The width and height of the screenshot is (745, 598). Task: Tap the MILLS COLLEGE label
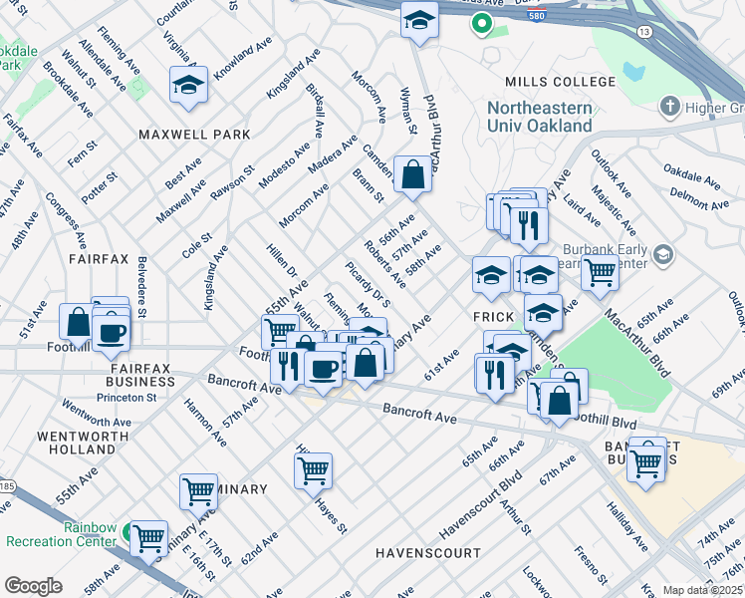[560, 82]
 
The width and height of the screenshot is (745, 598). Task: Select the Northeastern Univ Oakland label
[539, 117]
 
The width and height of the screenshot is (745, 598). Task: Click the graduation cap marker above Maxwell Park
[188, 86]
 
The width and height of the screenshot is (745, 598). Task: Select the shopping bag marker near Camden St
[412, 175]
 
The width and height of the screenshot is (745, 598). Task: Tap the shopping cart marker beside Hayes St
[314, 468]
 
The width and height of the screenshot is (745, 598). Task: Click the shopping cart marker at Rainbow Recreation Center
[148, 538]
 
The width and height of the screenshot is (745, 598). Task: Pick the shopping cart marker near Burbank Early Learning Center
[599, 270]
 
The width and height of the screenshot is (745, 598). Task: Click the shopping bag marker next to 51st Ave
[78, 323]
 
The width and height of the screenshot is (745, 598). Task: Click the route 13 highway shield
[645, 33]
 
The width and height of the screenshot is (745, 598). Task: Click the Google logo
[33, 585]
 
